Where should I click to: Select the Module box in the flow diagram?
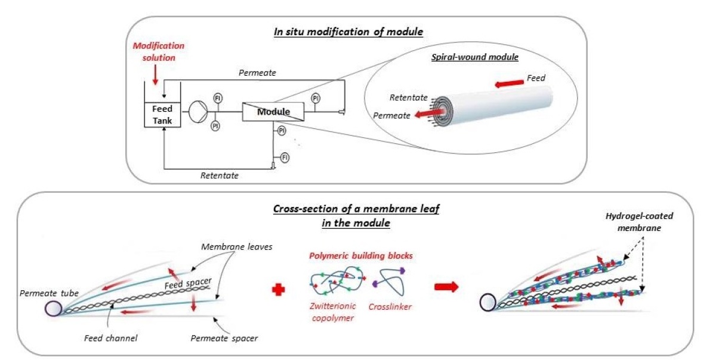pos(273,112)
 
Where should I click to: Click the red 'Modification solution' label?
pos(158,51)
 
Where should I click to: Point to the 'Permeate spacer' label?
pos(224,339)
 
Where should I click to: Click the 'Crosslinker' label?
pos(396,307)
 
